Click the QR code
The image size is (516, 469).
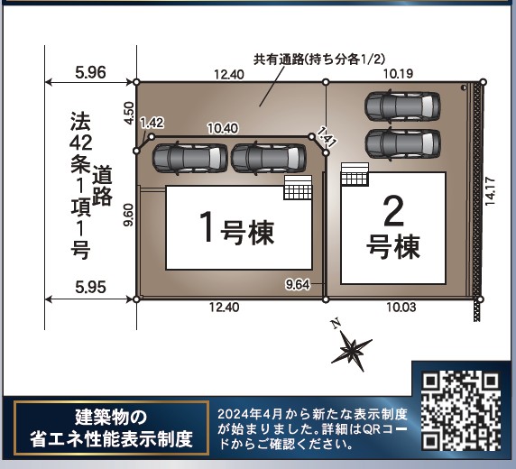click(461, 410)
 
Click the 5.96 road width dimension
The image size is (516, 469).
click(90, 72)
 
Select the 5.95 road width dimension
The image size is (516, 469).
click(90, 288)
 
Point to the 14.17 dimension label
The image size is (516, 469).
click(490, 191)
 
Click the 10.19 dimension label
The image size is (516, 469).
click(398, 74)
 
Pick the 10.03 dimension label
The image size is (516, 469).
click(401, 308)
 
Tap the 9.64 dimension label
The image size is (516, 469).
click(298, 284)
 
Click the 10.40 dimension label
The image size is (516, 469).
click(223, 128)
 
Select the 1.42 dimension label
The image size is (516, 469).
click(152, 123)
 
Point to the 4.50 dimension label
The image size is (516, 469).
click(129, 114)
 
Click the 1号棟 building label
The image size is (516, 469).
click(236, 229)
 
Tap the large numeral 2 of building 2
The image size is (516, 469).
click(393, 211)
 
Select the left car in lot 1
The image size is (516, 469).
click(189, 158)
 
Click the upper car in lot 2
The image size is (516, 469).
click(402, 106)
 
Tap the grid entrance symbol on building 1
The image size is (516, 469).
click(298, 188)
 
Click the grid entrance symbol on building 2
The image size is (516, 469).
click(355, 174)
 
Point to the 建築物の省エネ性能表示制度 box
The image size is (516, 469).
click(111, 428)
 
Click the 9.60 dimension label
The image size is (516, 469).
click(129, 215)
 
